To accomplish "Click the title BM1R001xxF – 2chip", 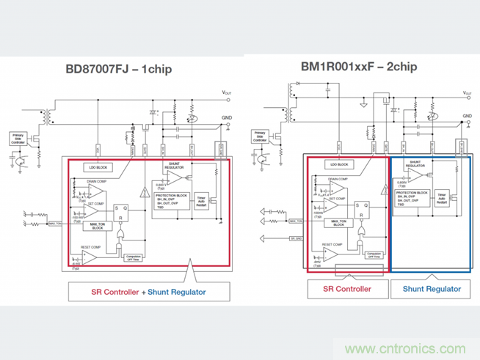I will click(x=358, y=66).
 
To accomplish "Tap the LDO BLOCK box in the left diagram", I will click(x=98, y=166).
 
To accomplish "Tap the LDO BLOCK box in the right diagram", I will click(x=339, y=164).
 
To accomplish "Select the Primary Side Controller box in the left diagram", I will click(x=18, y=137).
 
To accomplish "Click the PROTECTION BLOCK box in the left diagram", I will click(x=171, y=199).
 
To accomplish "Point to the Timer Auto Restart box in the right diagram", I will click(x=442, y=197).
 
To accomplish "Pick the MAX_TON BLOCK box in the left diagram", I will click(x=98, y=226).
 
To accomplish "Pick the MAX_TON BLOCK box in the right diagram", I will click(x=338, y=223).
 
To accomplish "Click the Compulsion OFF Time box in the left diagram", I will click(x=133, y=257).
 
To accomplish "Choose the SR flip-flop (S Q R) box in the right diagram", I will click(x=361, y=212).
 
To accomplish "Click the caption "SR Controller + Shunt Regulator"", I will click(x=148, y=292).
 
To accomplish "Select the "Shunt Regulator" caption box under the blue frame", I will click(x=432, y=289).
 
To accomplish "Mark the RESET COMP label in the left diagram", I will click(x=91, y=248).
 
